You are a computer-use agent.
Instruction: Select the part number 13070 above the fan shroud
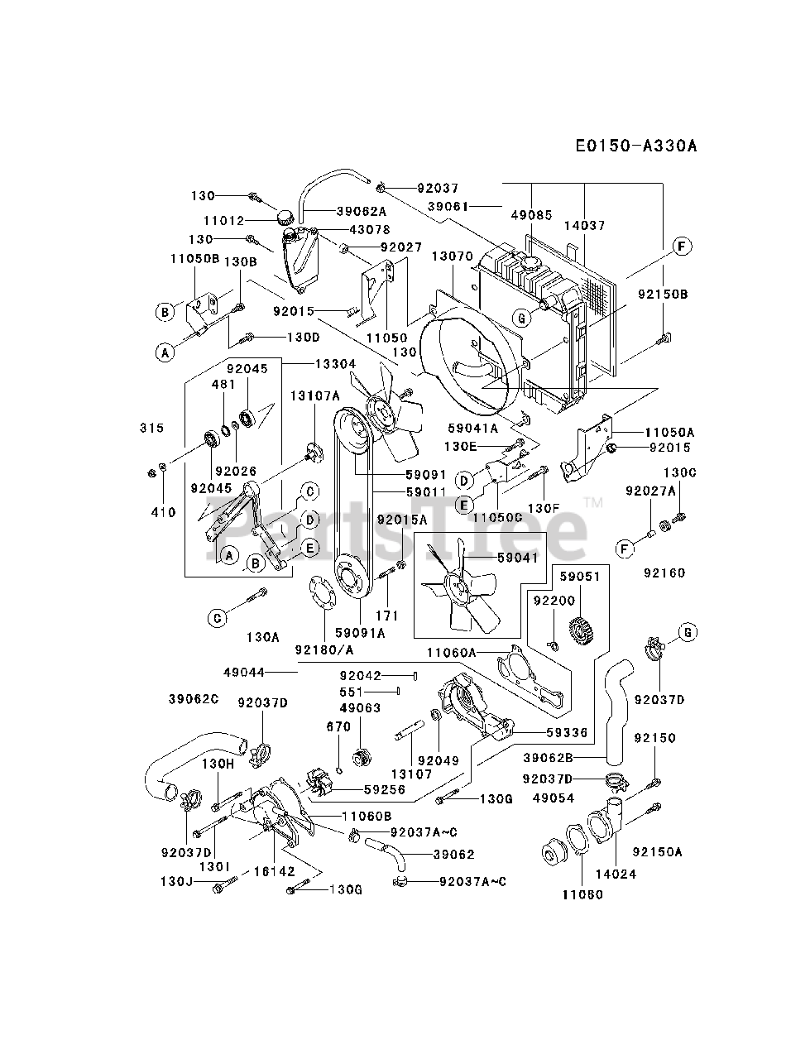[x=451, y=256]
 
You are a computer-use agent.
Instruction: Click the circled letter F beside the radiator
[x=682, y=246]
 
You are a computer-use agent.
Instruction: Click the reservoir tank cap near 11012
[x=285, y=218]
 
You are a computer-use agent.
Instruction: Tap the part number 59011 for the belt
[x=426, y=491]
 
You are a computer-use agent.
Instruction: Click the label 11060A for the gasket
[x=452, y=653]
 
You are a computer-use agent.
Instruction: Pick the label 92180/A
[x=323, y=649]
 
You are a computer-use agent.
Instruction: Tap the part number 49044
[x=243, y=673]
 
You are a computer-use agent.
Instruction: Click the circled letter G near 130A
[x=217, y=617]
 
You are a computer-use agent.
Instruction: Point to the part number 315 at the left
[x=152, y=428]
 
